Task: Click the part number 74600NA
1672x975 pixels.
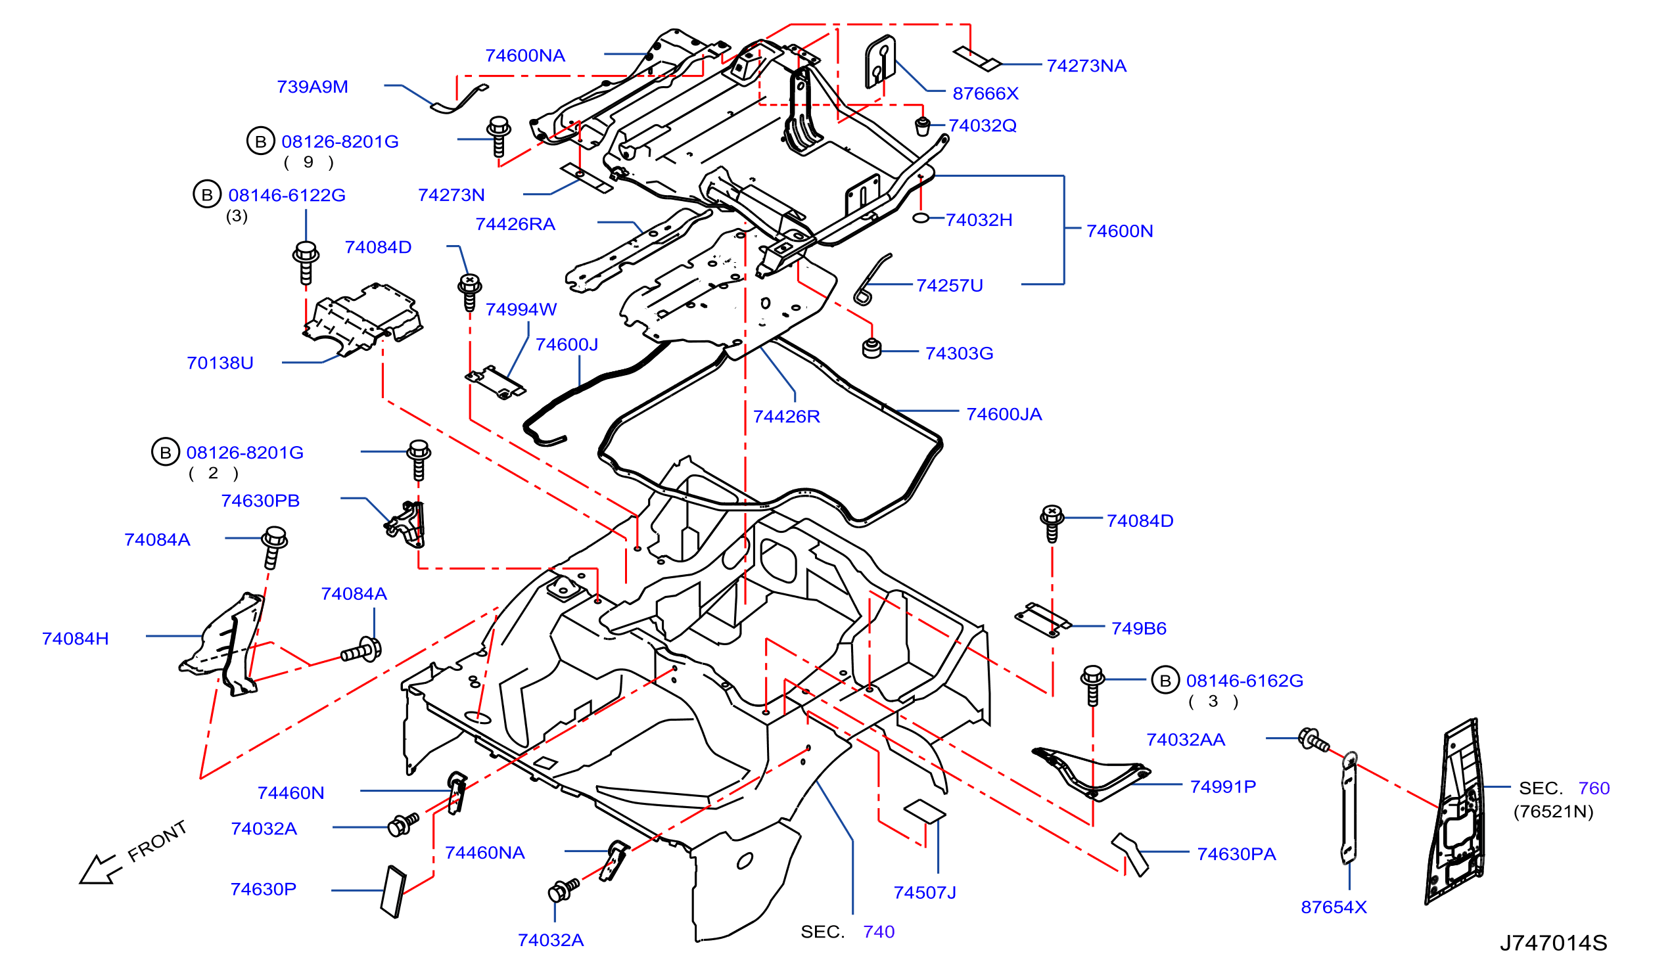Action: pyautogui.click(x=525, y=56)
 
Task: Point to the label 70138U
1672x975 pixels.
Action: pyautogui.click(x=220, y=363)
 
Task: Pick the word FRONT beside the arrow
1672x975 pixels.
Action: pyautogui.click(x=156, y=841)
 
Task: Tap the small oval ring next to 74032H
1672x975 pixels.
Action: pyautogui.click(x=920, y=218)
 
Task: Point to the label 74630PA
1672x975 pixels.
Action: pyautogui.click(x=1236, y=854)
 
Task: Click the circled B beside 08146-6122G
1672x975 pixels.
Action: pyautogui.click(x=207, y=194)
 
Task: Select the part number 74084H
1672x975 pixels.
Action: pyautogui.click(x=75, y=639)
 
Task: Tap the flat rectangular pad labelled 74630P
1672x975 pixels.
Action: pyautogui.click(x=394, y=892)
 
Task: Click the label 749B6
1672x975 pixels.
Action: pyautogui.click(x=1138, y=629)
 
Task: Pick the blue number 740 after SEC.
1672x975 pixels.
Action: pyautogui.click(x=879, y=932)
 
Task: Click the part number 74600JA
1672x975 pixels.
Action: pyautogui.click(x=1004, y=415)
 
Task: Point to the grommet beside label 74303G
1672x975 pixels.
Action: pyautogui.click(x=872, y=348)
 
